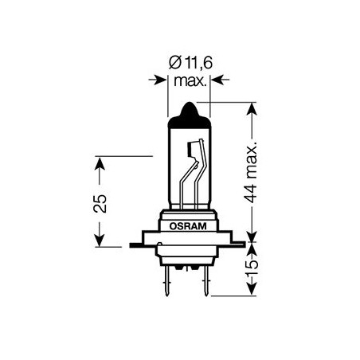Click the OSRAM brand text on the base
click(188, 226)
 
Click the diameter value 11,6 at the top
click(199, 63)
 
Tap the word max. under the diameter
click(190, 80)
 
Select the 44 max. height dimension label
click(251, 172)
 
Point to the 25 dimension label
click(100, 203)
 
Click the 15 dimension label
click(252, 268)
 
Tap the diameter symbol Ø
click(175, 63)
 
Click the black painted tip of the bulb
click(190, 116)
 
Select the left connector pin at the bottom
click(166, 281)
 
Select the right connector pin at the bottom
click(206, 281)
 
